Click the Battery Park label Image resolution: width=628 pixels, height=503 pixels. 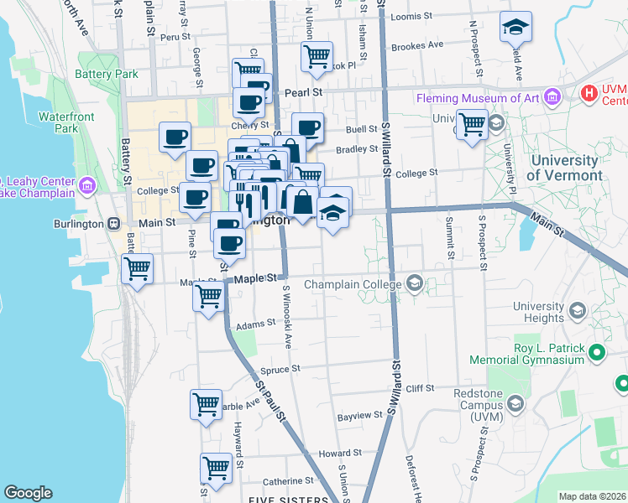point(106,74)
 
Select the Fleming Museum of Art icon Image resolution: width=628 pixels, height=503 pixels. point(552,98)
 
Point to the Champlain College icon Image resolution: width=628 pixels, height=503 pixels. point(413,284)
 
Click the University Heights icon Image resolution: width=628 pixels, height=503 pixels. point(577,312)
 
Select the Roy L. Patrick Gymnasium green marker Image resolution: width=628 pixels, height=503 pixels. point(597,353)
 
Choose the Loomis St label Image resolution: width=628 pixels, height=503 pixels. point(411,16)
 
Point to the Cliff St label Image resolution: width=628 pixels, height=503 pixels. point(419,388)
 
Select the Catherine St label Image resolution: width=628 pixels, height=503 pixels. point(287,481)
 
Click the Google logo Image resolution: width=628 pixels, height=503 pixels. point(28,492)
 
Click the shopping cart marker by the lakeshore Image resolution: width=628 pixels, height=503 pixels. point(137,269)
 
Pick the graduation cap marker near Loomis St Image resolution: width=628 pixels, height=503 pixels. point(515,27)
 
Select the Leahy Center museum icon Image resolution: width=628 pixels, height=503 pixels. point(88,184)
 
